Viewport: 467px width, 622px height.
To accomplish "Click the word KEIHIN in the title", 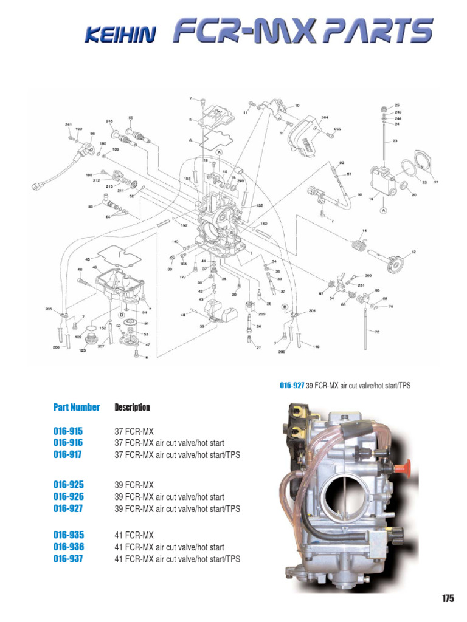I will [119, 35].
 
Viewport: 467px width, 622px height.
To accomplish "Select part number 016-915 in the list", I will [67, 431].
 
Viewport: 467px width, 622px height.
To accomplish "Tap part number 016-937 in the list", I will [67, 558].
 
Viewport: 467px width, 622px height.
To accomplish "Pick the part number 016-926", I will [67, 497].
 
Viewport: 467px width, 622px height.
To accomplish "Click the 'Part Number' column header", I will [76, 407].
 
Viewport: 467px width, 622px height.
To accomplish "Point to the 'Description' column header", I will [132, 407].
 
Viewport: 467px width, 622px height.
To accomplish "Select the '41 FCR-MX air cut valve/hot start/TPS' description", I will [177, 559].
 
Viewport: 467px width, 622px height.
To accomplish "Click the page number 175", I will [448, 598].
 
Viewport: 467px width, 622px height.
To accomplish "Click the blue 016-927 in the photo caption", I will [291, 385].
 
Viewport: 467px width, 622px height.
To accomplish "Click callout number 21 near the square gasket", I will [435, 182].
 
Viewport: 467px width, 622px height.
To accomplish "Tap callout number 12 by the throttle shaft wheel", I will [413, 251].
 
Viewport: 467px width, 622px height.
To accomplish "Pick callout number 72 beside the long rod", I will [376, 332].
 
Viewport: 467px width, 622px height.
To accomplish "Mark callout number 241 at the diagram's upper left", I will [69, 125].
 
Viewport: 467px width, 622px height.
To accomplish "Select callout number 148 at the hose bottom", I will [316, 347].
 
